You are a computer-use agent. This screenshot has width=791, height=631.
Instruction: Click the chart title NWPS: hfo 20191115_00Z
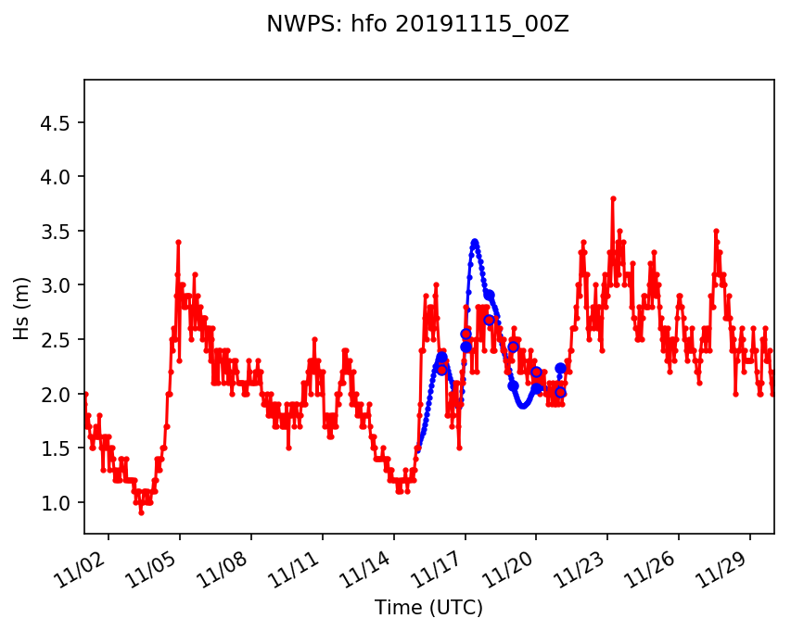pyautogui.click(x=417, y=25)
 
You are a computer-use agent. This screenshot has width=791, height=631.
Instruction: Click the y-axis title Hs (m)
pyautogui.click(x=21, y=307)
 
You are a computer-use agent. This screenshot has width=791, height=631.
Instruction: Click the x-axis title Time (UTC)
pyautogui.click(x=428, y=608)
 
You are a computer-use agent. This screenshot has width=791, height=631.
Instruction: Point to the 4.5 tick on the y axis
pyautogui.click(x=60, y=122)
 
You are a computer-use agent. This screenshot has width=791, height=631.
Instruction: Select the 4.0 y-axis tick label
pyautogui.click(x=60, y=177)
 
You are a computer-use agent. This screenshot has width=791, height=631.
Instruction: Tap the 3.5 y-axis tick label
pyautogui.click(x=60, y=231)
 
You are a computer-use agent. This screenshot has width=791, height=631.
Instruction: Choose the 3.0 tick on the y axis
pyautogui.click(x=60, y=285)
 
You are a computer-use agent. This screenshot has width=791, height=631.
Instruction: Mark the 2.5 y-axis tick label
pyautogui.click(x=60, y=339)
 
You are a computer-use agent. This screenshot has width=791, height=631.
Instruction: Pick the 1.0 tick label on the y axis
pyautogui.click(x=60, y=502)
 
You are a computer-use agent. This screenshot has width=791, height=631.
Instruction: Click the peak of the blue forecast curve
pyautogui.click(x=475, y=242)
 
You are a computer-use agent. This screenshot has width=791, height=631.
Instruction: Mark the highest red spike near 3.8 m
pyautogui.click(x=613, y=198)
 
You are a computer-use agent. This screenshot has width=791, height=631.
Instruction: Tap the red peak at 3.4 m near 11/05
pyautogui.click(x=178, y=242)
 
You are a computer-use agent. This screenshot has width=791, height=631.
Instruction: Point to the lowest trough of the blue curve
pyautogui.click(x=523, y=405)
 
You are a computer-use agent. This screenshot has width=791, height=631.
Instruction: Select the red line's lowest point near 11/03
pyautogui.click(x=141, y=512)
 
